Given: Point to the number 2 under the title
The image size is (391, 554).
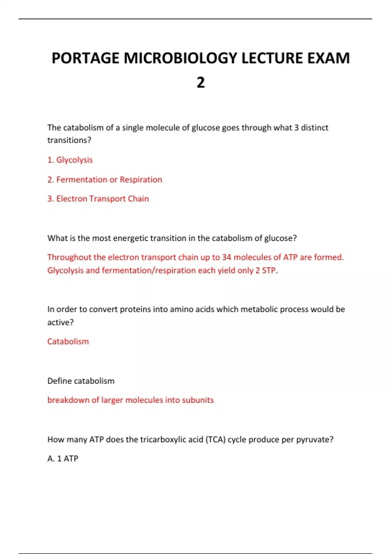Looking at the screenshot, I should [201, 82].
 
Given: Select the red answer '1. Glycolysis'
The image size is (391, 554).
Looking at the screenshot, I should [70, 160].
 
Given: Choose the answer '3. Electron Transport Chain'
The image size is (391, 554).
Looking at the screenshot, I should [98, 199].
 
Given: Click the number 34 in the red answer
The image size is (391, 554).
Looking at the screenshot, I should [226, 257].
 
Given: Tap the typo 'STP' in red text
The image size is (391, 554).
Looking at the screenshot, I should [269, 270].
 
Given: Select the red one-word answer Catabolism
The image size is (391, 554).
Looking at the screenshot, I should [68, 342].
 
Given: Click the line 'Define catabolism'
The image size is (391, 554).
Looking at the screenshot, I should [81, 381].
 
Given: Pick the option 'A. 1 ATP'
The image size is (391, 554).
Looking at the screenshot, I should [63, 459].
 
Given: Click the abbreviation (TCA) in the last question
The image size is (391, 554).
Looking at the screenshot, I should [215, 440].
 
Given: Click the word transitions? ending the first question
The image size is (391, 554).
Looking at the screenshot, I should [69, 140].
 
